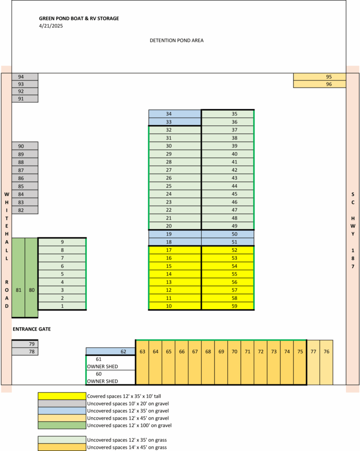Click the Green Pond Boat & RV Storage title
click(x=79, y=18)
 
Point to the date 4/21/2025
click(x=51, y=26)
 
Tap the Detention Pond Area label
click(x=177, y=41)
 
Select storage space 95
click(x=320, y=77)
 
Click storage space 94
click(x=25, y=77)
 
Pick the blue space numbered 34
click(x=175, y=114)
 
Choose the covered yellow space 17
click(x=175, y=250)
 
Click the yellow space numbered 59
click(x=227, y=306)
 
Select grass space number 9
click(x=62, y=242)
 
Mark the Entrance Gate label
click(x=32, y=329)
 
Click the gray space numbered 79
click(x=25, y=344)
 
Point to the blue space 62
click(x=111, y=352)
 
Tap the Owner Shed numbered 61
click(x=111, y=362)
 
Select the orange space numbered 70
click(x=234, y=362)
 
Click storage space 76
click(x=326, y=362)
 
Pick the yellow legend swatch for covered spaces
click(x=62, y=396)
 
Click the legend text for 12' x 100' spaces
click(x=129, y=425)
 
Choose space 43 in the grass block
click(x=227, y=178)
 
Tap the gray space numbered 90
click(x=25, y=146)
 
